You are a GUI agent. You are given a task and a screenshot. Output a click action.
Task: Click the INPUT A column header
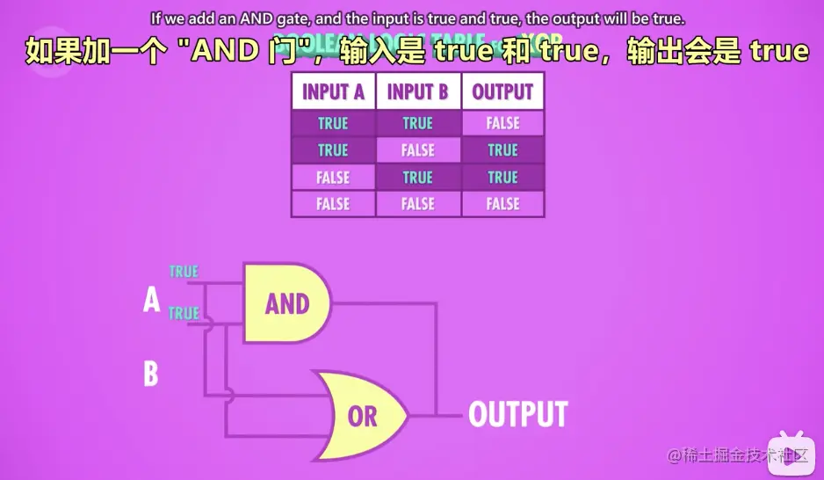coord(333,91)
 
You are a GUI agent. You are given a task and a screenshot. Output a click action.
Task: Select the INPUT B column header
coord(417,91)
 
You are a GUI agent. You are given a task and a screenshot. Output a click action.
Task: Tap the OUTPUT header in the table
coord(502,91)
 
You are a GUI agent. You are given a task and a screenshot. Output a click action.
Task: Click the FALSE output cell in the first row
coord(502,123)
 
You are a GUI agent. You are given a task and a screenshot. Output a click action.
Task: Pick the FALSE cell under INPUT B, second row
coord(417,150)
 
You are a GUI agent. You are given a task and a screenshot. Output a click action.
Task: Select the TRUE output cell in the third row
coord(502,178)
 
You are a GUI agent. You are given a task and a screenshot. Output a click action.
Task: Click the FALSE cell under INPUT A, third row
coord(333,178)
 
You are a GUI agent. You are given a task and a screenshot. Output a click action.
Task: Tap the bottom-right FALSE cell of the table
coord(502,204)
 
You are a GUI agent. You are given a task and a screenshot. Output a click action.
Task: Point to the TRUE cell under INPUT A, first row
coord(333,123)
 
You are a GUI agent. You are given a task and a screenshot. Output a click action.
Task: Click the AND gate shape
coord(286,303)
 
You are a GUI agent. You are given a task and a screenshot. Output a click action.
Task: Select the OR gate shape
coord(360,416)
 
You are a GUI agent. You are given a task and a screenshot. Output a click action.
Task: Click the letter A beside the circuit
coord(151,301)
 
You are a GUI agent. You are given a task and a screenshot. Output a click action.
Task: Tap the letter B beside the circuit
coord(151,375)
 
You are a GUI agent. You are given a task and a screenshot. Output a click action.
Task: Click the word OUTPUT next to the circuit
coord(517,414)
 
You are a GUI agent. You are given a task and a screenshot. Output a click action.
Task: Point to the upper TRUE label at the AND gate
coord(184,272)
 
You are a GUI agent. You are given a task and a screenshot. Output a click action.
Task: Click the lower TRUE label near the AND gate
coord(184,313)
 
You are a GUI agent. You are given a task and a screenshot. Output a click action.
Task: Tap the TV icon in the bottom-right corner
coord(786,455)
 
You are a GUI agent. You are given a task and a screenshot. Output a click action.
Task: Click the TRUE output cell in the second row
coord(502,150)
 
